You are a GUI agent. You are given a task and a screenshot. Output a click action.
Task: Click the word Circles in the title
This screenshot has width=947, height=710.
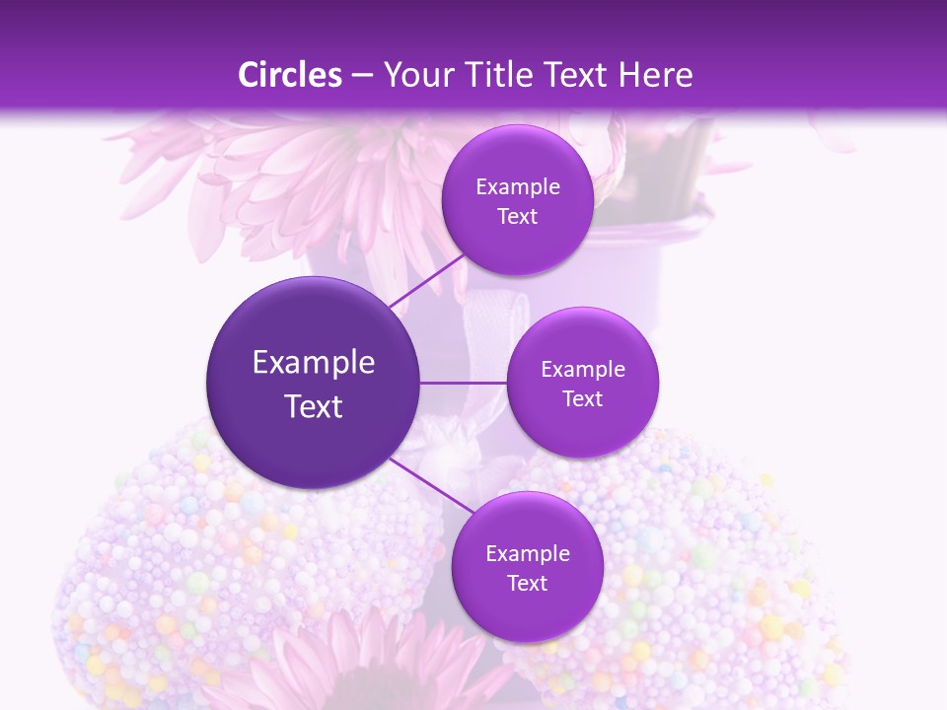[x=289, y=75]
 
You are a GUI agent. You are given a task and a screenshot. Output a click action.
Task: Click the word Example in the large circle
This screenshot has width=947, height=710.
[x=314, y=363]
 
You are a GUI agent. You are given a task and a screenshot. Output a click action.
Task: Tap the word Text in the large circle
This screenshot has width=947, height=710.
[x=314, y=406]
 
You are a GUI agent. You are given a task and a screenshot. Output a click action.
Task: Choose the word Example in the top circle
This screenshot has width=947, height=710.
[x=518, y=187]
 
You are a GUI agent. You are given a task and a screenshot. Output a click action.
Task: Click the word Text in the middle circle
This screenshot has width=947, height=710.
[x=582, y=399]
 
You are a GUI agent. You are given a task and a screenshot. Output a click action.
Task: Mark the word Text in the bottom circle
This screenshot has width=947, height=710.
[x=527, y=584]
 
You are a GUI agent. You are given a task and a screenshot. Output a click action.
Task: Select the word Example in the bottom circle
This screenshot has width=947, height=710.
[x=528, y=554]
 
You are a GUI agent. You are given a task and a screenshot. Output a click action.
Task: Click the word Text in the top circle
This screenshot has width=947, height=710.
[x=517, y=217]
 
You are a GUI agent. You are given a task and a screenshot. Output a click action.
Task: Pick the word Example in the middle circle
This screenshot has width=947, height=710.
[x=583, y=370]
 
